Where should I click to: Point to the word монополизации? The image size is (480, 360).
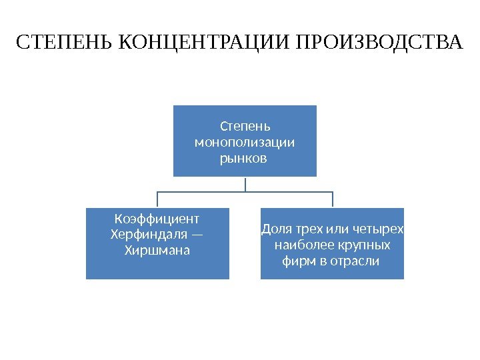(x=245, y=142)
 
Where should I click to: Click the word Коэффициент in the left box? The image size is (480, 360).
(x=157, y=219)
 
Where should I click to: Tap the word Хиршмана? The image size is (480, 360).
(x=157, y=251)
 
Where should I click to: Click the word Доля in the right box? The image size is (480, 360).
(x=273, y=229)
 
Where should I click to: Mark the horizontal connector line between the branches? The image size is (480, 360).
(x=200, y=191)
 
